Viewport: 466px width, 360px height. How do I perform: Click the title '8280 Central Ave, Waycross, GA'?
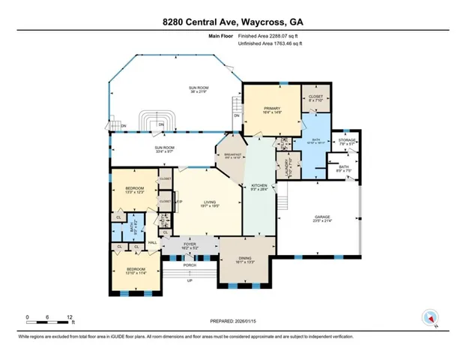pyautogui.click(x=233, y=22)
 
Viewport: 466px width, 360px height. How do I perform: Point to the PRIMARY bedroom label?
pyautogui.click(x=271, y=109)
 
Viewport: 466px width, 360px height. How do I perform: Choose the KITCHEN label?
pyautogui.click(x=260, y=184)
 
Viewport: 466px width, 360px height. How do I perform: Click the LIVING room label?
pyautogui.click(x=209, y=201)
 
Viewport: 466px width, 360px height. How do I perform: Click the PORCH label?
pyautogui.click(x=190, y=265)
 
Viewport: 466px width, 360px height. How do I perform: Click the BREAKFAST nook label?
pyautogui.click(x=231, y=156)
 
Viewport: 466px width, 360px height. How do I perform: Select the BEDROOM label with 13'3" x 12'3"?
pyautogui.click(x=134, y=187)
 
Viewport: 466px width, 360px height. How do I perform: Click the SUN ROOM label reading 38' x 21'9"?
pyautogui.click(x=198, y=89)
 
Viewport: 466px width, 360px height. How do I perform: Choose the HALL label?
pyautogui.click(x=151, y=241)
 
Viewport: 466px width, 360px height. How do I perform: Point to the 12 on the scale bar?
pyautogui.click(x=70, y=316)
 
